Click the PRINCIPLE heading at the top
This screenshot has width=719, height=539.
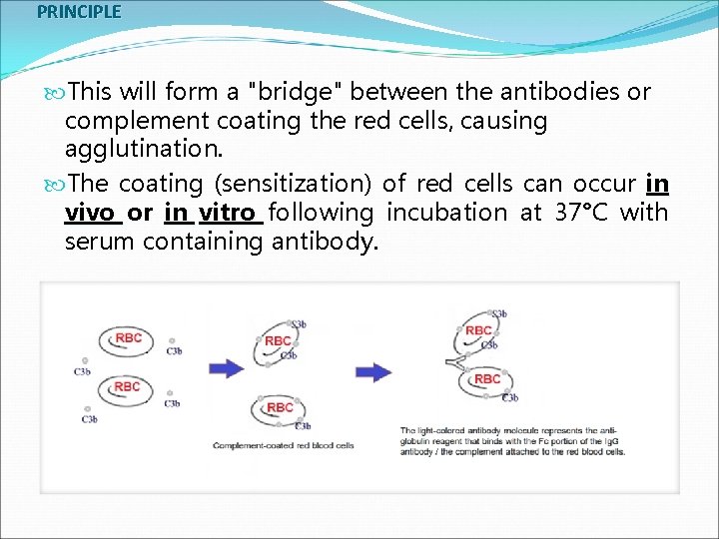pyautogui.click(x=79, y=12)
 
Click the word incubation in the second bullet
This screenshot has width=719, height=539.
pyautogui.click(x=446, y=213)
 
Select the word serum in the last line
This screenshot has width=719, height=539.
pyautogui.click(x=100, y=242)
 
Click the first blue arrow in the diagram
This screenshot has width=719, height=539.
pyautogui.click(x=226, y=368)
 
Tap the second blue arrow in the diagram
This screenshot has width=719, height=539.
pyautogui.click(x=374, y=371)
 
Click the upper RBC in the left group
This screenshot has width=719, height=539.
pyautogui.click(x=128, y=338)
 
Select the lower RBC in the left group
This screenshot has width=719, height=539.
pyautogui.click(x=127, y=386)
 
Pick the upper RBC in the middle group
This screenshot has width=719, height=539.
pyautogui.click(x=279, y=341)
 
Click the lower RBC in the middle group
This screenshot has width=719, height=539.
pyautogui.click(x=280, y=407)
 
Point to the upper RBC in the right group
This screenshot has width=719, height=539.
pyautogui.click(x=478, y=330)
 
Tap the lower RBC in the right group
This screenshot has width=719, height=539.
pyautogui.click(x=487, y=379)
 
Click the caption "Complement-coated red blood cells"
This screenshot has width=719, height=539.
pyautogui.click(x=284, y=445)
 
